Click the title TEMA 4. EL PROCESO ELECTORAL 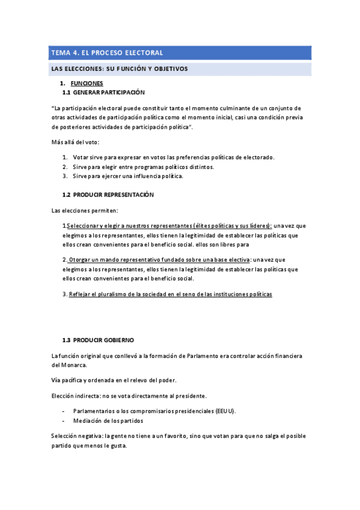pos(106,53)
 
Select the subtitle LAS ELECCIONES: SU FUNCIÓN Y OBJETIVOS pos(120,69)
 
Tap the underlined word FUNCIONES pos(87,83)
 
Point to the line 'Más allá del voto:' pos(75,142)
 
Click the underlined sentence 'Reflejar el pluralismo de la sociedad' pos(171,294)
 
